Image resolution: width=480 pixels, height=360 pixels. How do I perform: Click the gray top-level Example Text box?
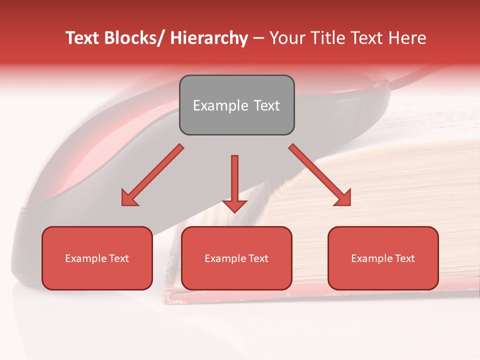236,105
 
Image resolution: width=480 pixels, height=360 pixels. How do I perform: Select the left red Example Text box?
97,258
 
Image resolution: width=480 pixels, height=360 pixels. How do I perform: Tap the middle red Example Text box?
236,258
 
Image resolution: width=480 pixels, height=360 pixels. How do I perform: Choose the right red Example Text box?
383,258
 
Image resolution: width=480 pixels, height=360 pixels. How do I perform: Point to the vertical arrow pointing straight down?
234,182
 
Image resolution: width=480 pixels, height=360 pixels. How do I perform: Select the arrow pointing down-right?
320,175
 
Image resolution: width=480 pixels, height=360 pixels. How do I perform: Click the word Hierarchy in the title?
209,38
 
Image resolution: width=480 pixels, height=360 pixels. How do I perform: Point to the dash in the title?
258,38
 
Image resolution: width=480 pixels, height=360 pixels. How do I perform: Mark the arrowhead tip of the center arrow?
234,212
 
